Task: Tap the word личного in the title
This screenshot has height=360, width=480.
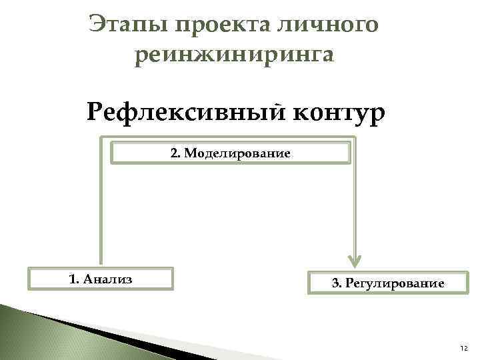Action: [x=334, y=26]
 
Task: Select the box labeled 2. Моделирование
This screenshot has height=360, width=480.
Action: [x=230, y=153]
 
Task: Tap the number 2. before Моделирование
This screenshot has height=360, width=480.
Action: [x=175, y=153]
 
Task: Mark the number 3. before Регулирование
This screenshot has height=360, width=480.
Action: [x=337, y=283]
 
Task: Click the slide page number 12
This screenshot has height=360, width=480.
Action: [x=463, y=348]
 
